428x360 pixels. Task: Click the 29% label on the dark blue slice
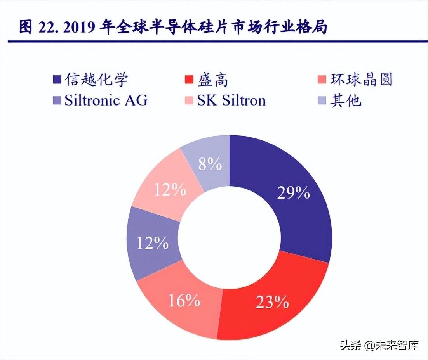293,193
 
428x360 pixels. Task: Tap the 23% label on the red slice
272,302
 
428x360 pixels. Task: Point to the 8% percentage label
210,164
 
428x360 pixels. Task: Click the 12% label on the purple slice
152,243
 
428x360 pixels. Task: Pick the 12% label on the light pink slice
170,190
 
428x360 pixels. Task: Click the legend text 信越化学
96,80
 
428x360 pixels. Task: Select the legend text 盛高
212,80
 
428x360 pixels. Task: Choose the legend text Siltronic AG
106,100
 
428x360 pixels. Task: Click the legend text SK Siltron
231,100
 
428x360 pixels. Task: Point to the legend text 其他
346,100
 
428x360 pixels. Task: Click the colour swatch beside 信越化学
57,80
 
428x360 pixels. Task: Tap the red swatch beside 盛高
189,80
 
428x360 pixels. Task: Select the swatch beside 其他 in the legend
321,101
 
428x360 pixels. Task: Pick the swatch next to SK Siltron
189,101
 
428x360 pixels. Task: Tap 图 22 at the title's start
37,28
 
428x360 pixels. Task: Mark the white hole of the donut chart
230,237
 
